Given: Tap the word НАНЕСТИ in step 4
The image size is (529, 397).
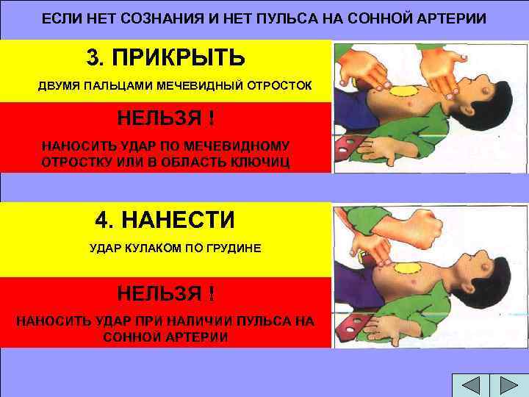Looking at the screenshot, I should point(187,220).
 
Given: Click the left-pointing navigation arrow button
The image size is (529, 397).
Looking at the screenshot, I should point(466,387).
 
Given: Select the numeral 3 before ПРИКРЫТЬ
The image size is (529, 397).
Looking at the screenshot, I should point(93,57).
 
